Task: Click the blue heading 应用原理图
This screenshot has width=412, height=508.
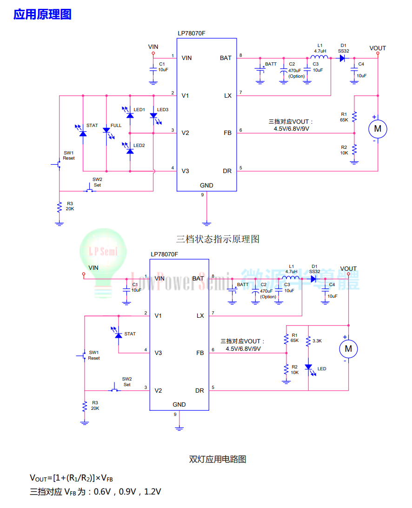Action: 42,14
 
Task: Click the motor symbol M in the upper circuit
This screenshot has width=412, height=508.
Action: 378,129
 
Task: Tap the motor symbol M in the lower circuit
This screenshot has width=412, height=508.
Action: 348,349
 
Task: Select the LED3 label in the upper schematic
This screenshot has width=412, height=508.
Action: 163,109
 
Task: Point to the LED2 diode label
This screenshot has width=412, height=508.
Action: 139,146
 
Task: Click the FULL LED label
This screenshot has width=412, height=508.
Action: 116,126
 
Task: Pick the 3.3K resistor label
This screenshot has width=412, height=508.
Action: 317,341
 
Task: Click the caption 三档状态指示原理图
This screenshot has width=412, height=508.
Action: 218,239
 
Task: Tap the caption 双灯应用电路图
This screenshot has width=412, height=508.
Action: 218,459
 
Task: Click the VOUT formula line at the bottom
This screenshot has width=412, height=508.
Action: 71,478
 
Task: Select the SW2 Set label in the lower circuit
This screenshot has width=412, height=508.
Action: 127,381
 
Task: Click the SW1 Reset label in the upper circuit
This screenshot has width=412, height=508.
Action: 69,155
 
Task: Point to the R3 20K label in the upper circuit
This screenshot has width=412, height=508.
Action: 70,206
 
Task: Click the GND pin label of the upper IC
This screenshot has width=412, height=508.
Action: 206,185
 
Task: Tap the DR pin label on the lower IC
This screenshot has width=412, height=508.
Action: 199,390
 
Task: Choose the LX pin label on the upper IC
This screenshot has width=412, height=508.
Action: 228,95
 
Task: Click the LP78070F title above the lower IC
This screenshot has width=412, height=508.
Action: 164,254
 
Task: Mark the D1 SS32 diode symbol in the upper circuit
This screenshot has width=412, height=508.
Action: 342,58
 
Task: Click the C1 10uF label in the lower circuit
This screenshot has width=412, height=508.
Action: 136,287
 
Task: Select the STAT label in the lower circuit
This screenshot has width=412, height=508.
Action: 130,334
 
